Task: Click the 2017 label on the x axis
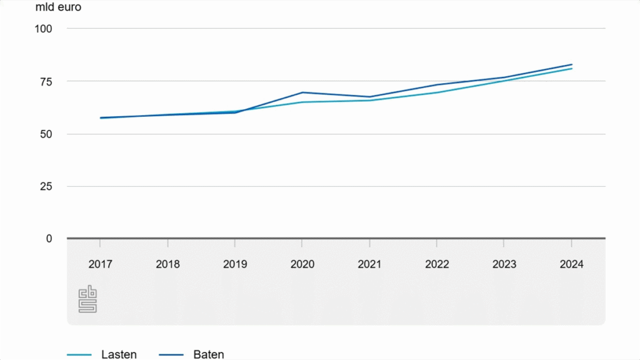tap(100, 264)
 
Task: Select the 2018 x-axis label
tap(167, 264)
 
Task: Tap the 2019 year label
tap(235, 264)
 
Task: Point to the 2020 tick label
tap(302, 264)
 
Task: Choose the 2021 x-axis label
tap(369, 264)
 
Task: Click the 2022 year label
tap(437, 264)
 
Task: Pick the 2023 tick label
tap(504, 264)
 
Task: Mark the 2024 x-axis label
tap(571, 264)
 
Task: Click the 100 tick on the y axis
tap(43, 29)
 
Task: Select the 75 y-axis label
tap(46, 81)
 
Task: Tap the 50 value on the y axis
tap(46, 134)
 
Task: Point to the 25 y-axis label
tap(46, 186)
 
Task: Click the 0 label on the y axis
tap(49, 238)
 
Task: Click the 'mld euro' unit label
tap(58, 8)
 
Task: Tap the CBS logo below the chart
tap(87, 300)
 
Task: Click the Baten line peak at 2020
tap(302, 92)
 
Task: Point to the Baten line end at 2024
tap(571, 64)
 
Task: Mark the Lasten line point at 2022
tap(437, 92)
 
